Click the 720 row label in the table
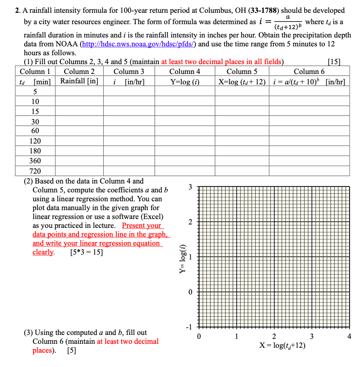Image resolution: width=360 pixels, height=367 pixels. pyautogui.click(x=36, y=171)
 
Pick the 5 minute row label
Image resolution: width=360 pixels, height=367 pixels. pyautogui.click(x=36, y=91)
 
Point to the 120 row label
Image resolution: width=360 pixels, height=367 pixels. pyautogui.click(x=36, y=141)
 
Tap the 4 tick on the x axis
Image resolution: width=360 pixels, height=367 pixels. pyautogui.click(x=350, y=337)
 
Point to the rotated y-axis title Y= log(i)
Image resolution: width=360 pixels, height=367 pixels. pyautogui.click(x=183, y=257)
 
